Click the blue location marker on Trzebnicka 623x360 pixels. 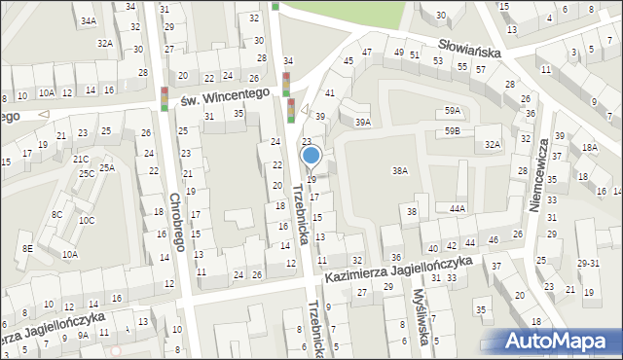pos(311,156)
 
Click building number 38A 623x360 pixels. pos(399,170)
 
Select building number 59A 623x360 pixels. pos(453,111)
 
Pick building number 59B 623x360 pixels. pos(453,130)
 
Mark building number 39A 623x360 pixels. pos(363,123)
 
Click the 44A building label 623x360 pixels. pos(458,208)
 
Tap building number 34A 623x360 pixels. pos(89,20)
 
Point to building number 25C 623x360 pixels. pos(87,173)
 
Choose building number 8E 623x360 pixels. pos(27,249)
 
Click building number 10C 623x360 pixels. pos(87,220)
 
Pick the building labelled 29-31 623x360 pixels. pos(587,264)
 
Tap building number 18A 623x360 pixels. pos(589,148)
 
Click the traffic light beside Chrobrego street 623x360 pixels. pos(164,98)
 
